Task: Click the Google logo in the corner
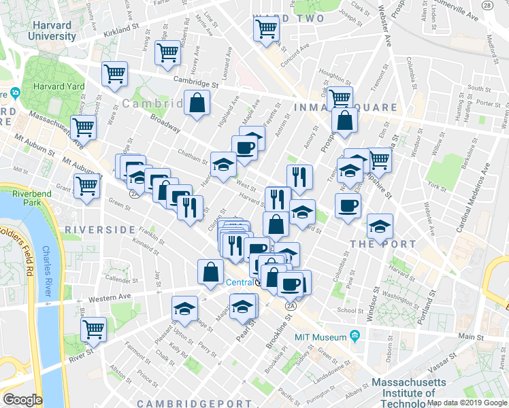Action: point(22,400)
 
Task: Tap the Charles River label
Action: point(46,271)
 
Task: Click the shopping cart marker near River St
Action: point(94,329)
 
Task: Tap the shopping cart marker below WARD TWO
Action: point(266,29)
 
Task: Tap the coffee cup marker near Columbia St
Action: point(348,205)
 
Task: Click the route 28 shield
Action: point(487,5)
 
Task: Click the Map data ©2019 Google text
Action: point(467,403)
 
